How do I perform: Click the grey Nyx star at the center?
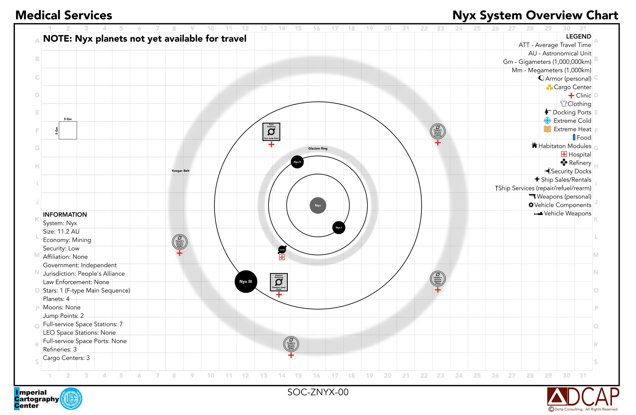pyautogui.click(x=318, y=205)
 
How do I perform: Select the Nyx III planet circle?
pyautogui.click(x=245, y=282)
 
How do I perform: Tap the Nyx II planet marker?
pyautogui.click(x=297, y=162)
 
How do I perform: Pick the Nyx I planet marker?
pyautogui.click(x=339, y=228)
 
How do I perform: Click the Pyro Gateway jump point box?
pyautogui.click(x=271, y=132)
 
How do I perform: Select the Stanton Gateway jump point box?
pyautogui.click(x=279, y=282)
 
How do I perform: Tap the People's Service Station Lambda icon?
pyautogui.click(x=438, y=131)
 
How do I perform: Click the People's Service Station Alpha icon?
pyautogui.click(x=180, y=242)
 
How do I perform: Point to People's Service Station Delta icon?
pyautogui.click(x=291, y=344)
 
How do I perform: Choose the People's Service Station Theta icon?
pyautogui.click(x=438, y=279)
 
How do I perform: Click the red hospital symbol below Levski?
pyautogui.click(x=282, y=257)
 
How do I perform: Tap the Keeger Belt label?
pyautogui.click(x=180, y=171)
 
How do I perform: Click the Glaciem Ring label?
pyautogui.click(x=318, y=148)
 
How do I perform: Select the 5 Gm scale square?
pyautogui.click(x=68, y=130)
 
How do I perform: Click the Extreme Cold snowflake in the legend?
pyautogui.click(x=547, y=121)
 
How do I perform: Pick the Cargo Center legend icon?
pyautogui.click(x=549, y=87)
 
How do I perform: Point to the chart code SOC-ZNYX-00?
pyautogui.click(x=318, y=392)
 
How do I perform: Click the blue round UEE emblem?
pyautogui.click(x=71, y=399)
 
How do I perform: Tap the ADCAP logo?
pyautogui.click(x=583, y=397)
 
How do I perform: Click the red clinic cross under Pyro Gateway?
pyautogui.click(x=271, y=144)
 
